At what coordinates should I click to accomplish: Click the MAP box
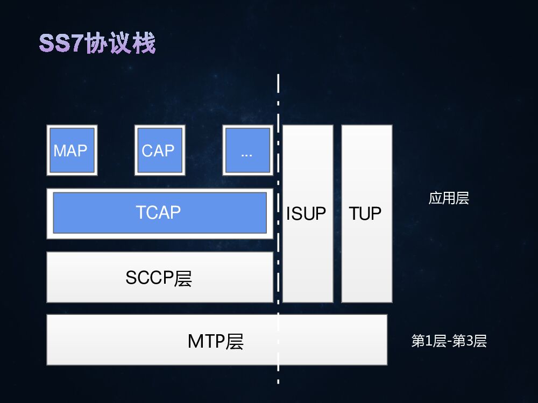(72, 150)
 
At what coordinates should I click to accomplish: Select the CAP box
(159, 150)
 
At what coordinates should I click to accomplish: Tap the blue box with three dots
(247, 150)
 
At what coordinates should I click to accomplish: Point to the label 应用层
(449, 198)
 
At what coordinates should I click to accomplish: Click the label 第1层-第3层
(449, 341)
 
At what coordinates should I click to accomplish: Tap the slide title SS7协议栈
(97, 44)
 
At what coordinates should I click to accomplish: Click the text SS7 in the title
(61, 44)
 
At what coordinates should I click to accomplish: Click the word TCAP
(158, 212)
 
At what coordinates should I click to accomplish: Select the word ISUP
(306, 214)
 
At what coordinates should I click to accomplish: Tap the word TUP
(365, 214)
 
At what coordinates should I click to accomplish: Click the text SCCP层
(159, 278)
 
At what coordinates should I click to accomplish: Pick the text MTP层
(215, 341)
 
